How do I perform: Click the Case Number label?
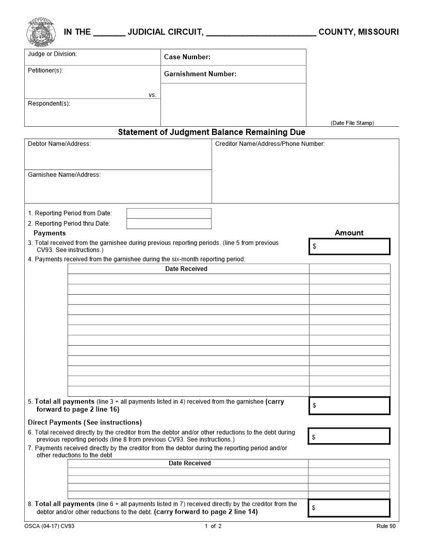[x=187, y=57]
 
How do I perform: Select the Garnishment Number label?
[x=200, y=74]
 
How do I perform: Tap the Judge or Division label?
[x=52, y=54]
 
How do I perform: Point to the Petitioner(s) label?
[x=45, y=71]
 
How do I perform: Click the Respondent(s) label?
[x=49, y=104]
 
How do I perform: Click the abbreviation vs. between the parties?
[x=152, y=95]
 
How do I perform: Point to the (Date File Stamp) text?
[x=352, y=123]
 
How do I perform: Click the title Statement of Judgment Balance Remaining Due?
[x=212, y=132]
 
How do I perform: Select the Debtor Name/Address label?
[x=59, y=144]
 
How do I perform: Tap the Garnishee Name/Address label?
[x=64, y=175]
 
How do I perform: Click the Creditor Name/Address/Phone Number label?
[x=270, y=144]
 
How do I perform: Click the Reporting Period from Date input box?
[x=169, y=213]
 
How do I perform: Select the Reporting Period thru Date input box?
[x=169, y=224]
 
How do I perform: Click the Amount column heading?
[x=349, y=233]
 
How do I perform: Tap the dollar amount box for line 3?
[x=349, y=246]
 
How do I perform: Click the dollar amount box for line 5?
[x=349, y=405]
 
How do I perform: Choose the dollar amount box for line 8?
[x=349, y=507]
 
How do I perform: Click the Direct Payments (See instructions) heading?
[x=85, y=422]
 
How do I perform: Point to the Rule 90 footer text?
[x=386, y=526]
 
